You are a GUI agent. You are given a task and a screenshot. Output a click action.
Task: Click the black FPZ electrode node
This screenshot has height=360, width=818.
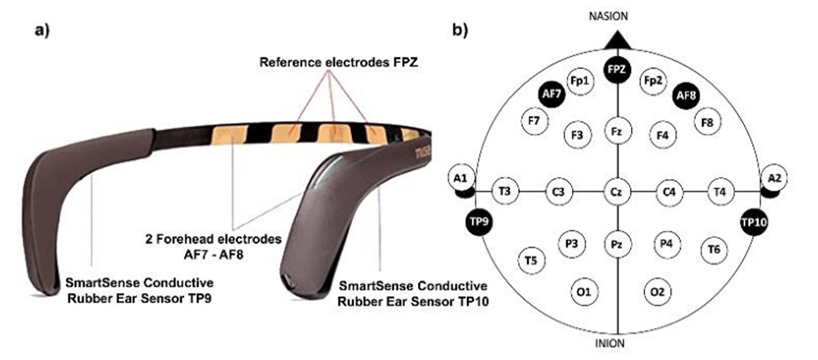[x=618, y=69]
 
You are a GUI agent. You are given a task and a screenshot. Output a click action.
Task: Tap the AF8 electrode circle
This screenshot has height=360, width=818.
[x=685, y=95]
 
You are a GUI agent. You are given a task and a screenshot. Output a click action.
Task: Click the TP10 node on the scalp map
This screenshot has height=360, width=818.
[x=755, y=223]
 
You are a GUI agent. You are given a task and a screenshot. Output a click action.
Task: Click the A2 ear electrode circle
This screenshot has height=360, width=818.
[x=776, y=178]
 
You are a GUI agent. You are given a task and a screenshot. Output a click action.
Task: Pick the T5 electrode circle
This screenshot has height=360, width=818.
[x=531, y=261]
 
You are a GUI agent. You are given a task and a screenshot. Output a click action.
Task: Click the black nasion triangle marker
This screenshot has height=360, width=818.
[x=618, y=39]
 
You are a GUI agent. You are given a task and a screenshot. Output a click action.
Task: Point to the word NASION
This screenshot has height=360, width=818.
[x=608, y=16]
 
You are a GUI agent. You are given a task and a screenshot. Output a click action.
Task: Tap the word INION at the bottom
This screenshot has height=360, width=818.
[x=610, y=344]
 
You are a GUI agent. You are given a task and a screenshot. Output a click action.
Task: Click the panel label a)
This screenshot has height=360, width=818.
[x=42, y=30]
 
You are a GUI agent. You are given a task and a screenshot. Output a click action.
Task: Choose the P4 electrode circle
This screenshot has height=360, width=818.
[x=666, y=244]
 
